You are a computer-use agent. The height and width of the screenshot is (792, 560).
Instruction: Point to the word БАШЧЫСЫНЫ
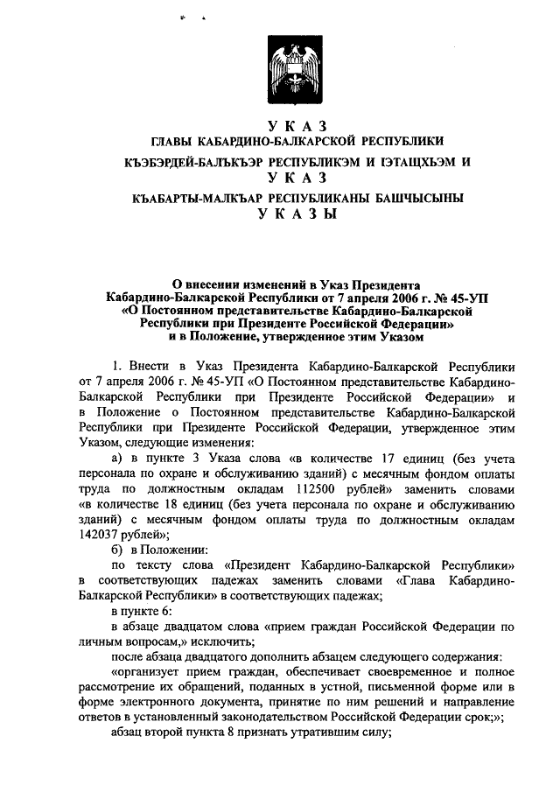tap(420, 198)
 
